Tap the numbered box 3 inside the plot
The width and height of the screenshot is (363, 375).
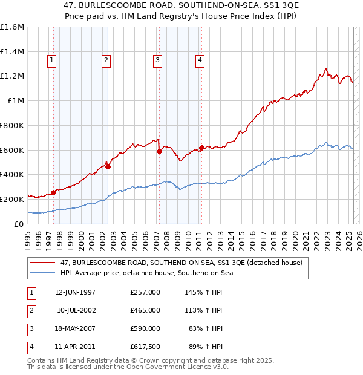tap(157, 60)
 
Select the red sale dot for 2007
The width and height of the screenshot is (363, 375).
tap(159, 152)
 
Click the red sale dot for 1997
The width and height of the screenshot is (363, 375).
tap(53, 192)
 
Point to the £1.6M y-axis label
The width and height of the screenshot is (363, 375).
tap(12, 27)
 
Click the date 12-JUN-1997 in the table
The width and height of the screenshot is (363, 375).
tap(75, 292)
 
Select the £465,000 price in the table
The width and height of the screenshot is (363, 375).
tap(145, 310)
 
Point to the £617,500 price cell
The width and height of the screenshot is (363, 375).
tap(145, 347)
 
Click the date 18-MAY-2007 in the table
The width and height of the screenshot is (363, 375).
tap(75, 328)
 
